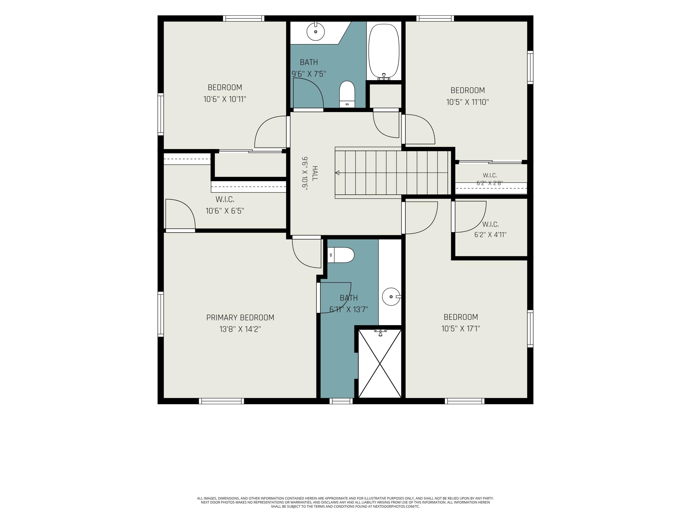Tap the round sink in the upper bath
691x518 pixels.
tap(316, 31)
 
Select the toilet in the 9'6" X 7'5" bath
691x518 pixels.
tap(347, 94)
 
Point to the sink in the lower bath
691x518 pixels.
tap(391, 297)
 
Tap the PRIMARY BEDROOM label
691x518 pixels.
tap(240, 317)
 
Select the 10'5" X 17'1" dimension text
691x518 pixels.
tap(461, 329)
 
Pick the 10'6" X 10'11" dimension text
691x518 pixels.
tap(225, 99)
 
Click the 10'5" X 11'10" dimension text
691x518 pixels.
tap(468, 102)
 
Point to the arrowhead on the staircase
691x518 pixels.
tap(337, 173)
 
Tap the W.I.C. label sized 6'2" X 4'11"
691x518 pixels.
tap(490, 224)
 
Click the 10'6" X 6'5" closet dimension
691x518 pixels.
tap(225, 211)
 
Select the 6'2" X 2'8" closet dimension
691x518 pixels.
tap(490, 183)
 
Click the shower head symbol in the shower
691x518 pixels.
tap(380, 332)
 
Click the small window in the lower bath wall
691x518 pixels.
tap(341, 401)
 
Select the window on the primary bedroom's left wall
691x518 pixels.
tap(161, 314)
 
